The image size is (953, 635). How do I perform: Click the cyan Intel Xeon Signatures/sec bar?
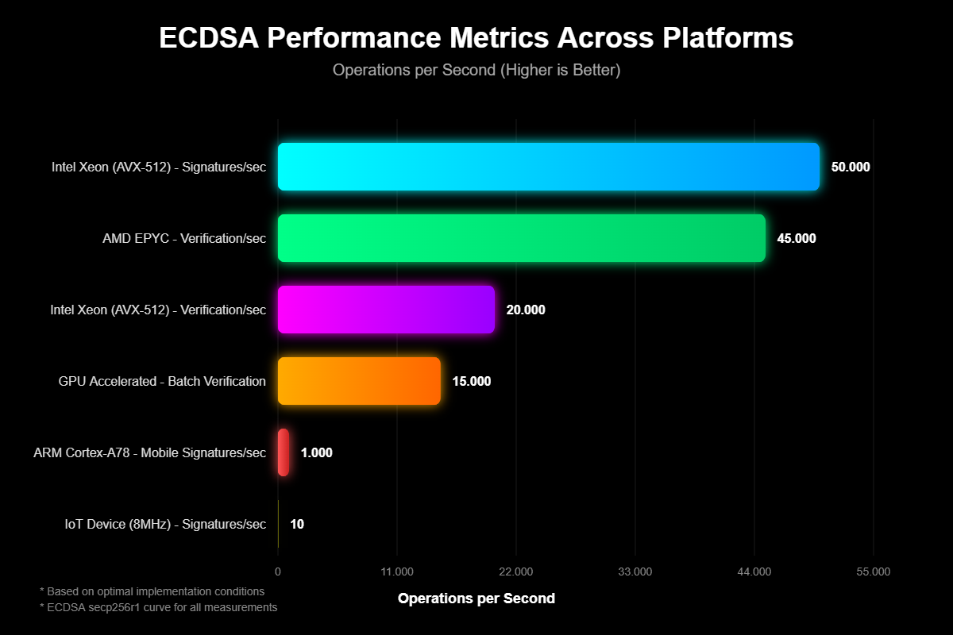click(548, 167)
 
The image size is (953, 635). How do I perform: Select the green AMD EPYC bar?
click(521, 238)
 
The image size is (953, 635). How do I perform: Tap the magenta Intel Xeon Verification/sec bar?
click(386, 310)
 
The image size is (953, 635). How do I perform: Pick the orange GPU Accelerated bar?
click(359, 381)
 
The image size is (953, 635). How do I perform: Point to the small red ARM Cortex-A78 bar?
click(284, 452)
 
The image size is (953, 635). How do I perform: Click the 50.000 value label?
click(851, 167)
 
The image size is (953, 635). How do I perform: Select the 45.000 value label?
click(797, 239)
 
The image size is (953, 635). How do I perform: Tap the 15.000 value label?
click(472, 382)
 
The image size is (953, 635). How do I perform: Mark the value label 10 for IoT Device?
click(297, 525)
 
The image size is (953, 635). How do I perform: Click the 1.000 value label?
click(317, 453)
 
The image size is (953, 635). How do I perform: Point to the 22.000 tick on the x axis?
click(516, 571)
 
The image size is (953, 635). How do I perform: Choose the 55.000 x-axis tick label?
click(874, 571)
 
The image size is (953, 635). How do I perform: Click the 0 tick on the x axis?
click(277, 571)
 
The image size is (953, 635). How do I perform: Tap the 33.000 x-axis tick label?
click(635, 571)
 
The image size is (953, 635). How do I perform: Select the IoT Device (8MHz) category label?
click(165, 524)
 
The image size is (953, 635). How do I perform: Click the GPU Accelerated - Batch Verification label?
click(162, 381)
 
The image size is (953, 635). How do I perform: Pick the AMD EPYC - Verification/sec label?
click(184, 238)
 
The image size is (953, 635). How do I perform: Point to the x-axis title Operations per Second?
click(476, 598)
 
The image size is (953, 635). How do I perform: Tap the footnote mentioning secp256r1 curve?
click(158, 607)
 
